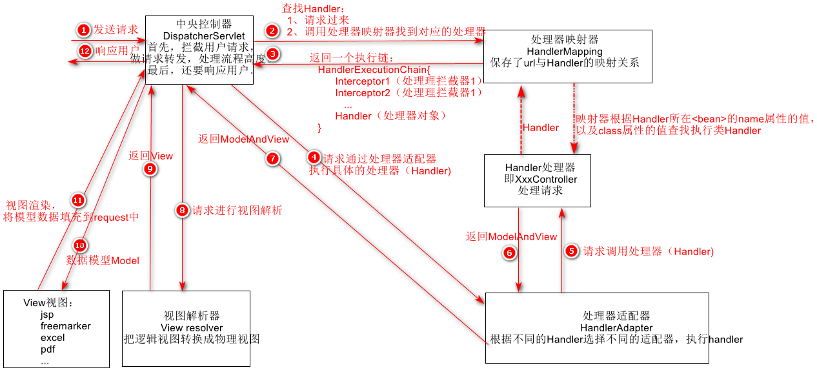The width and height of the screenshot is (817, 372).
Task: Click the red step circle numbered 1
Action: pyautogui.click(x=83, y=30)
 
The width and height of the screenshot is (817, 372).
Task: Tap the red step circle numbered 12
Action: pyautogui.click(x=84, y=50)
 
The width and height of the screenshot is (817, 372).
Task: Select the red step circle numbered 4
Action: pyautogui.click(x=313, y=158)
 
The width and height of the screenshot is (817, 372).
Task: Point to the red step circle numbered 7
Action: pyautogui.click(x=273, y=158)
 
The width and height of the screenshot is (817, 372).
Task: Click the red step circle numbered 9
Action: pyautogui.click(x=150, y=169)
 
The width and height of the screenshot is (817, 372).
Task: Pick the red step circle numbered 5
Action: pyautogui.click(x=570, y=252)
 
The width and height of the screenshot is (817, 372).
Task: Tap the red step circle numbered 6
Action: pyautogui.click(x=509, y=253)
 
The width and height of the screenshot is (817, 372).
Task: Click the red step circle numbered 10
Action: pyautogui.click(x=80, y=245)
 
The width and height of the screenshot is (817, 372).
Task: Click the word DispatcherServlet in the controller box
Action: pyautogui.click(x=200, y=36)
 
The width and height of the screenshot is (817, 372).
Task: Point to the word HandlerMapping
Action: pyautogui.click(x=564, y=51)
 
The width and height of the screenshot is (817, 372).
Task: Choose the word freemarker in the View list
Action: pyautogui.click(x=65, y=326)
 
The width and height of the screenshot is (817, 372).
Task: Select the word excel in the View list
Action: pyautogui.click(x=52, y=338)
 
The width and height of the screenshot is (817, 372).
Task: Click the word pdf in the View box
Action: pyautogui.click(x=48, y=349)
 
